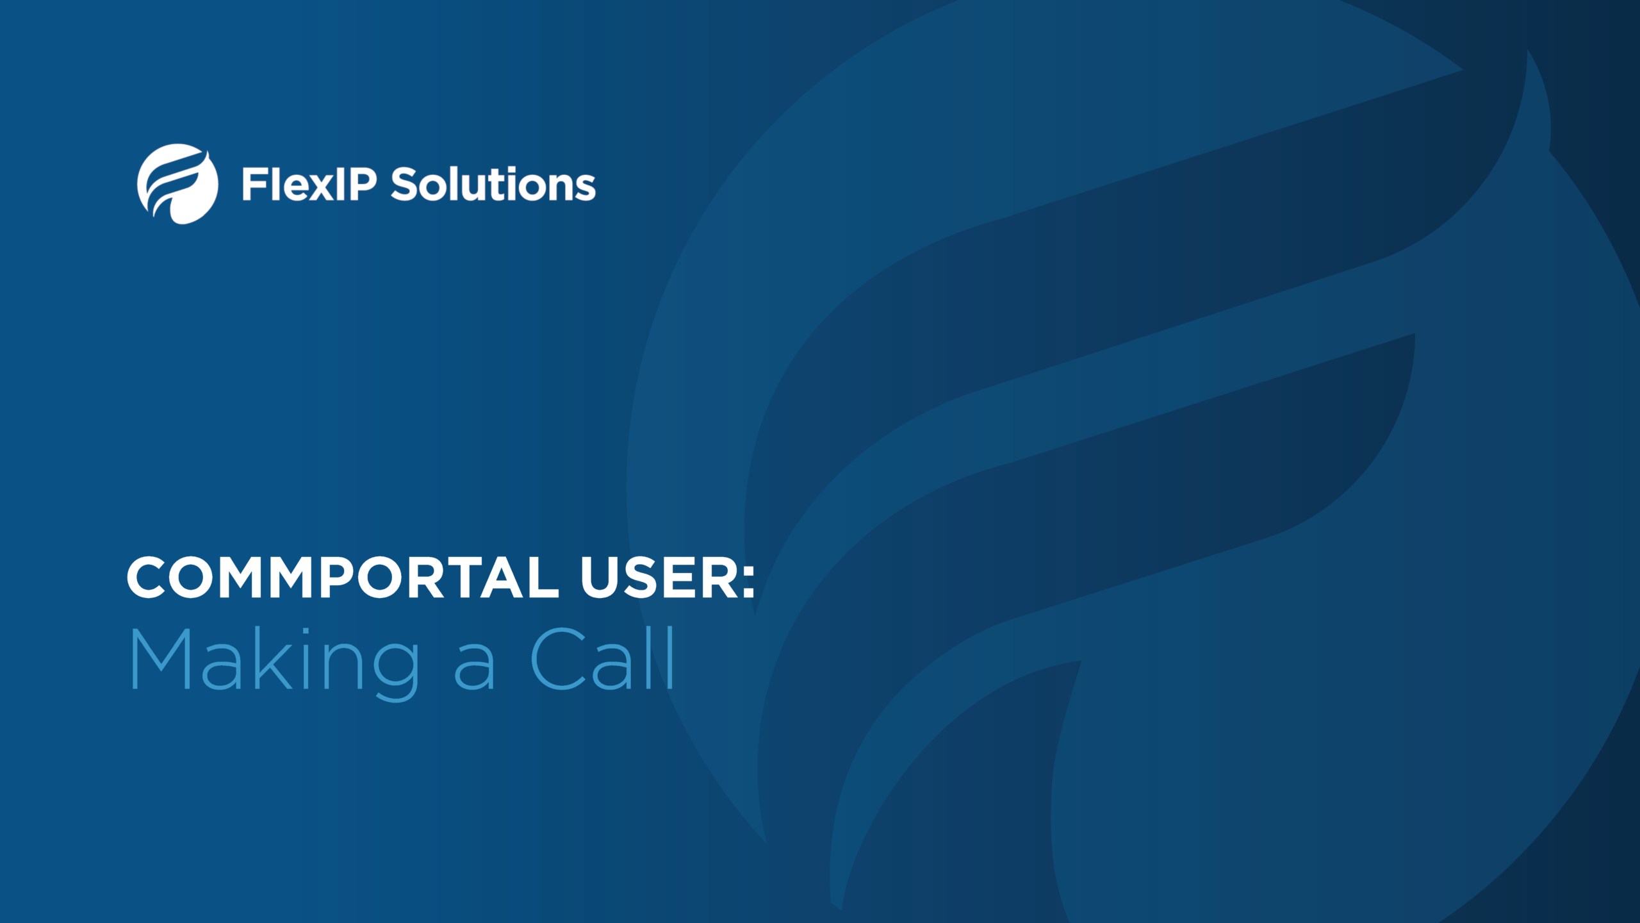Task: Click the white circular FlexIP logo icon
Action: coord(177,184)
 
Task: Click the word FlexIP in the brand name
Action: coord(309,184)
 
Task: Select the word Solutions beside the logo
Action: coord(493,184)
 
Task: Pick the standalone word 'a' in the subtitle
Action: coord(475,670)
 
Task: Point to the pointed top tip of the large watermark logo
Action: coord(1527,50)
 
